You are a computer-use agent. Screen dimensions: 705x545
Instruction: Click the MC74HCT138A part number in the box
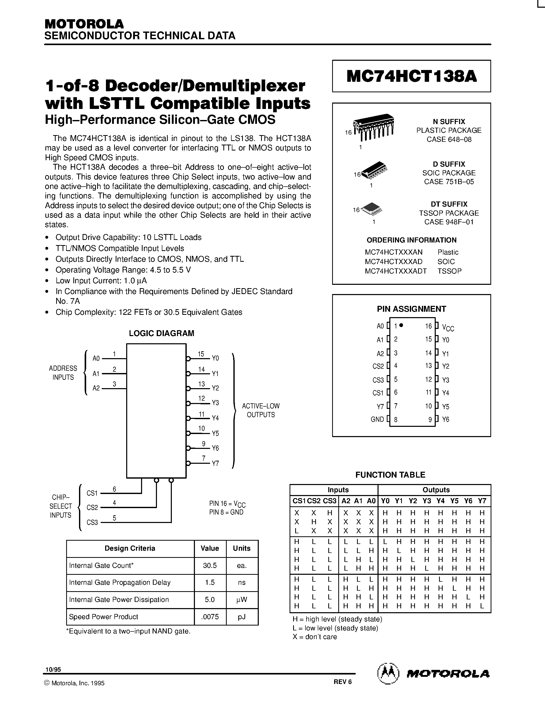coord(411,76)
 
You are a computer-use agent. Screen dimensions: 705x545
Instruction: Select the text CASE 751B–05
coord(449,182)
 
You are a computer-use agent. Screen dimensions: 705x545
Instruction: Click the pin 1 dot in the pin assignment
coord(401,325)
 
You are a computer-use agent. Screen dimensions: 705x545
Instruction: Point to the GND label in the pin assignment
coord(377,419)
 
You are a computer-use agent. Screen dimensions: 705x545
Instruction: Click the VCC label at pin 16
coord(448,328)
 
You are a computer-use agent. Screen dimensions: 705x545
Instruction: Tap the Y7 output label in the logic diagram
coord(215,463)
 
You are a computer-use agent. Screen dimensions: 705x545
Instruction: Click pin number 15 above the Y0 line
coord(201,354)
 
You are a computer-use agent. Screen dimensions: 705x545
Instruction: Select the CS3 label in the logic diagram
coord(92,522)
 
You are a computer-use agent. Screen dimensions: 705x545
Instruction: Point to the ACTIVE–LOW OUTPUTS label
coord(261,410)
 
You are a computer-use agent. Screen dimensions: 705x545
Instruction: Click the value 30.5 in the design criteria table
coord(210,566)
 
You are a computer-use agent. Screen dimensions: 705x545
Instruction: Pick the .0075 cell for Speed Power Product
coord(210,617)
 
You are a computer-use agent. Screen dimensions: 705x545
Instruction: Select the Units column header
coord(242,548)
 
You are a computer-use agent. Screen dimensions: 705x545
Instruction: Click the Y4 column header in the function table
coord(440,501)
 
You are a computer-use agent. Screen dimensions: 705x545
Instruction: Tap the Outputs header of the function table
coord(436,490)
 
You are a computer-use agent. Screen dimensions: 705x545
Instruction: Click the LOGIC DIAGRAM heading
coord(161,333)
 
